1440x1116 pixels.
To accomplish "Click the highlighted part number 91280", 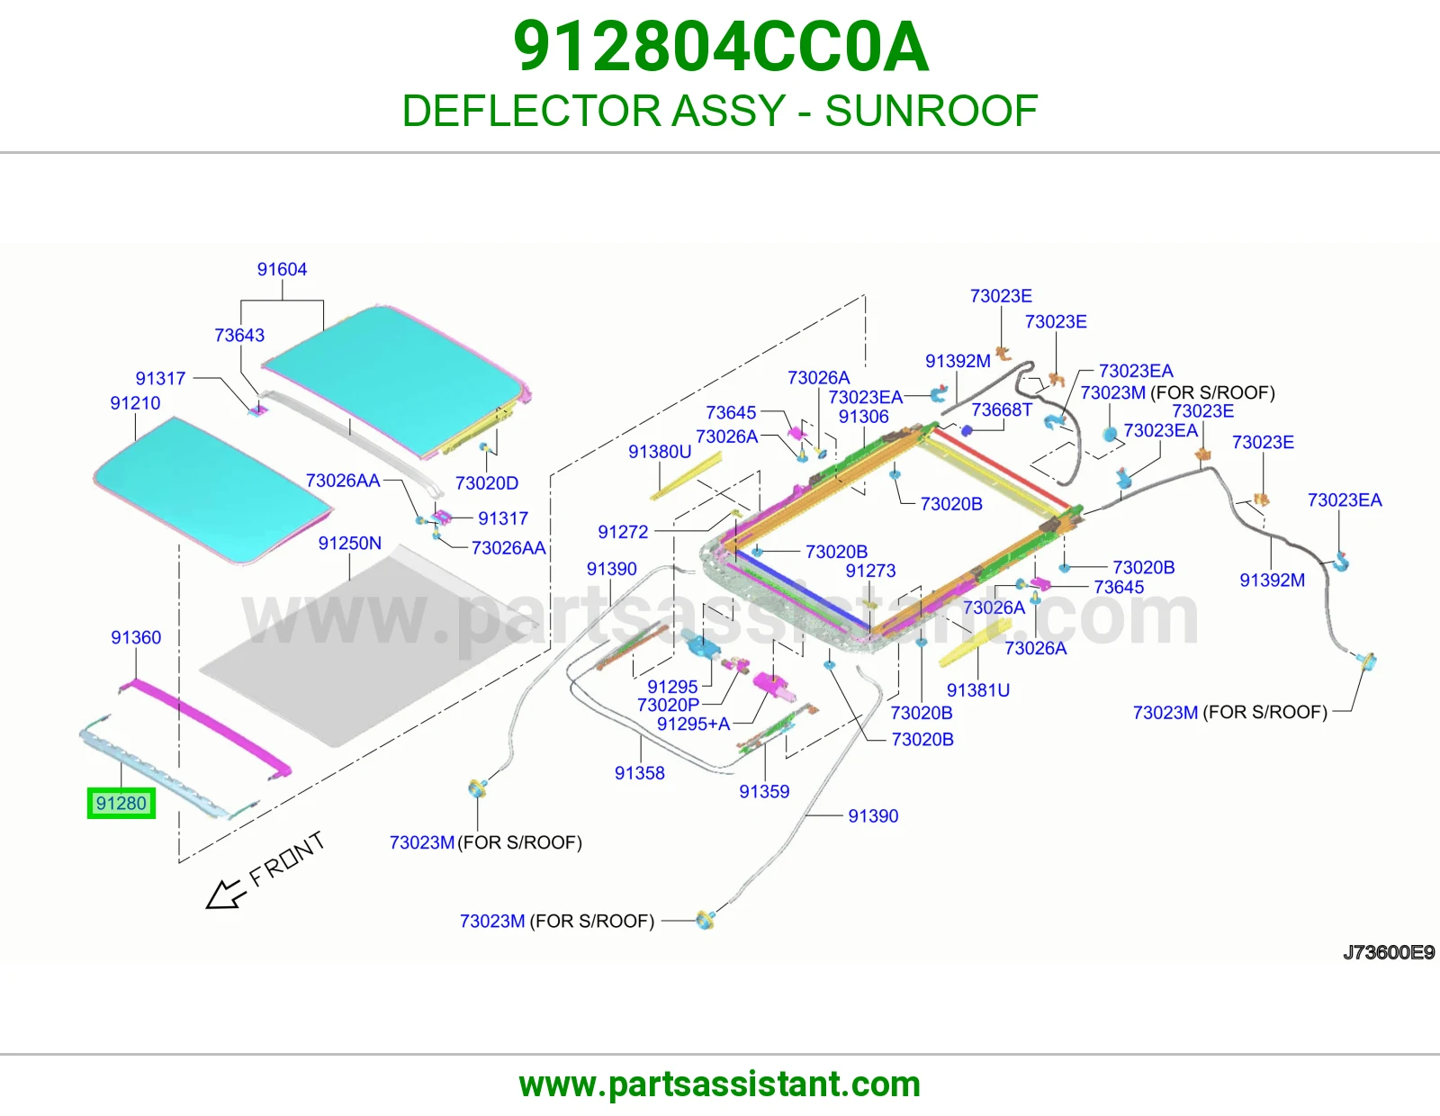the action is click(121, 803).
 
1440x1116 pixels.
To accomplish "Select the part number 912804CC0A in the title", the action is click(720, 47).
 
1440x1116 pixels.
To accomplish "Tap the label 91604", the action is click(282, 269).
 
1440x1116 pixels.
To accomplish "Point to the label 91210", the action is click(135, 403).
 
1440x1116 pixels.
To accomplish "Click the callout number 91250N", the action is click(350, 544).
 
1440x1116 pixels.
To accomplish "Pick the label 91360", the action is click(136, 637).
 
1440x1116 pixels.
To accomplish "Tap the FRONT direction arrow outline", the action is click(224, 895).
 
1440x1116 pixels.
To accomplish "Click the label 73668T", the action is click(1002, 410).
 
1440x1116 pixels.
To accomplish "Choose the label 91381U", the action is click(978, 690).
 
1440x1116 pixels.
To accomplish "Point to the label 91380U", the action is click(660, 452).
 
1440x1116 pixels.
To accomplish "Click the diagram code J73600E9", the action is click(1389, 952).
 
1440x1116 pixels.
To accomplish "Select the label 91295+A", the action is click(694, 724).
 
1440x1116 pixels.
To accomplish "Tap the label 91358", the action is click(640, 773).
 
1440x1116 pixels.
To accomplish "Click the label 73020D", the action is click(486, 483).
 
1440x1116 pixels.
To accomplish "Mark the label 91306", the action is click(863, 417).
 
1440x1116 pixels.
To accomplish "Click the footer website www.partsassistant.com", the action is click(720, 1084).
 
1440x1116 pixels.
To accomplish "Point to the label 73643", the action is click(239, 336).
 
